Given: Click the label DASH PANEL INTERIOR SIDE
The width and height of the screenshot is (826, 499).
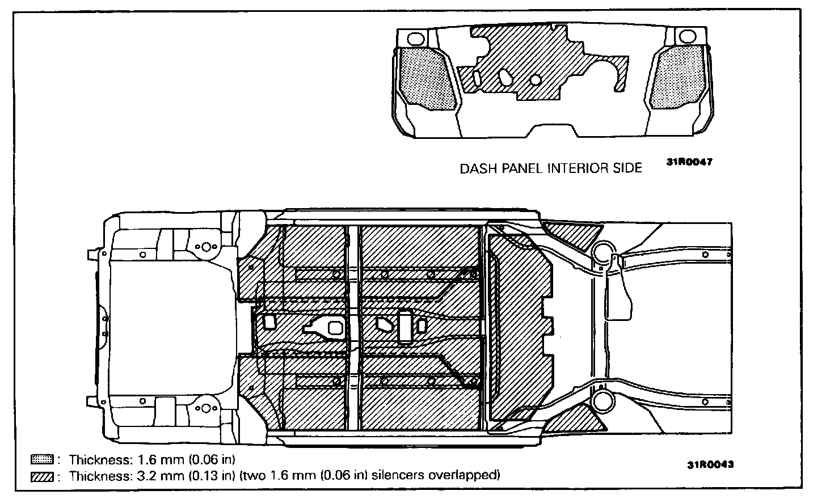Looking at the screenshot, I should click(550, 168).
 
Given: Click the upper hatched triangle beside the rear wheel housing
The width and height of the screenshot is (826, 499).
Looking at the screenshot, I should click(573, 234).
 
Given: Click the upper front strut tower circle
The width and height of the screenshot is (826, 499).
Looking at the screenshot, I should click(206, 247).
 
